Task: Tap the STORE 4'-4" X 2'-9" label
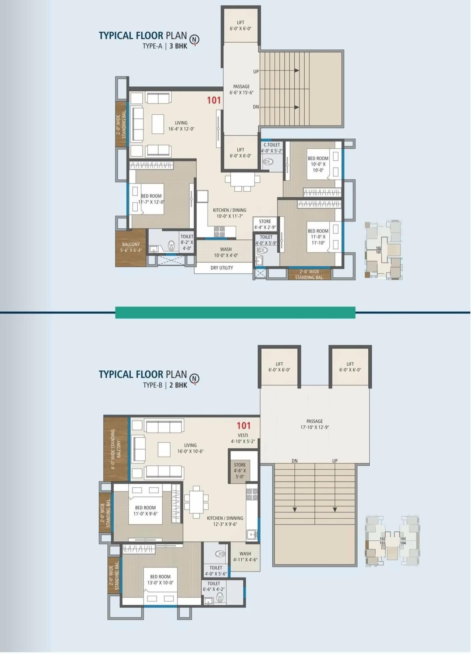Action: click(x=265, y=224)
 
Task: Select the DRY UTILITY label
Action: click(x=222, y=268)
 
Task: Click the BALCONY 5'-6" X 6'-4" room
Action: click(x=131, y=247)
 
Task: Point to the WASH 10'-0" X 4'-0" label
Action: click(x=226, y=252)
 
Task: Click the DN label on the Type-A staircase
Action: click(x=256, y=107)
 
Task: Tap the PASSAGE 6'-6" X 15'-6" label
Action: click(x=241, y=89)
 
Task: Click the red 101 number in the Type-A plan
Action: click(x=214, y=100)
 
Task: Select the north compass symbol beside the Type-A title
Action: click(x=194, y=39)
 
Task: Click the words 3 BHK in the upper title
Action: click(x=178, y=46)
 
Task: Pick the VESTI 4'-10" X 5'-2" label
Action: click(x=243, y=438)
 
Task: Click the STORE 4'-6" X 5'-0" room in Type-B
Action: click(x=240, y=470)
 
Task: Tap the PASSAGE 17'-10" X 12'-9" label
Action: click(x=315, y=424)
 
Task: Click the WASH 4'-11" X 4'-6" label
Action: click(x=245, y=557)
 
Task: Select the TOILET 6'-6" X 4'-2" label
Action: click(x=214, y=586)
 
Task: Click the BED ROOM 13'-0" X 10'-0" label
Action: click(x=160, y=580)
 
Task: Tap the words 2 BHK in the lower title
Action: click(x=178, y=385)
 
